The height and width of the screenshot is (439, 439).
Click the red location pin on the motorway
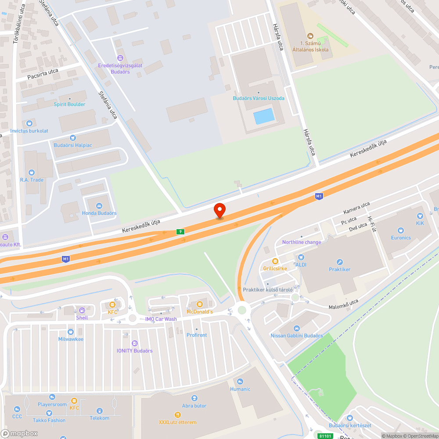pyautogui.click(x=219, y=210)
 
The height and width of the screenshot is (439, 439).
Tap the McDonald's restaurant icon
pyautogui.click(x=200, y=304)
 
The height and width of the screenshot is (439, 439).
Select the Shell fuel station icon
pyautogui.click(x=82, y=310)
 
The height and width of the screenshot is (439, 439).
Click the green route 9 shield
pyautogui.click(x=180, y=231)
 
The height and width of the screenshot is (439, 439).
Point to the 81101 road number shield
pyautogui.click(x=325, y=436)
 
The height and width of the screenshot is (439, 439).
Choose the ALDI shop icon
pyautogui.click(x=301, y=257)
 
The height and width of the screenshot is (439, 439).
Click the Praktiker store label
pyautogui.click(x=340, y=269)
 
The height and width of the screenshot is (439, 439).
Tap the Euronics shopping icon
pyautogui.click(x=400, y=230)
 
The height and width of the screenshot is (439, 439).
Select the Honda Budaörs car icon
pyautogui.click(x=99, y=205)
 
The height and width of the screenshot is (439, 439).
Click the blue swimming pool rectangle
pyautogui.click(x=264, y=116)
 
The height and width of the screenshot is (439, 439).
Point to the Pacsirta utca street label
pyautogui.click(x=43, y=74)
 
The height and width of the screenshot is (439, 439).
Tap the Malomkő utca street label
pyautogui.click(x=344, y=302)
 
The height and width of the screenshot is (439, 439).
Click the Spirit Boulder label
pyautogui.click(x=69, y=104)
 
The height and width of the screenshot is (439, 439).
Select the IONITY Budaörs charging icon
pyautogui.click(x=135, y=343)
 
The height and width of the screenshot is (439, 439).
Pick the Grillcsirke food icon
pyautogui.click(x=275, y=261)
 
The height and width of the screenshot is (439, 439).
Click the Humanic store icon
pyautogui.click(x=240, y=381)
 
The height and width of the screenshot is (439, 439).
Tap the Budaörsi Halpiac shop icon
pyautogui.click(x=73, y=138)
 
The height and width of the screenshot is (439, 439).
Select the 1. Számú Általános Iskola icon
pyautogui.click(x=310, y=36)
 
